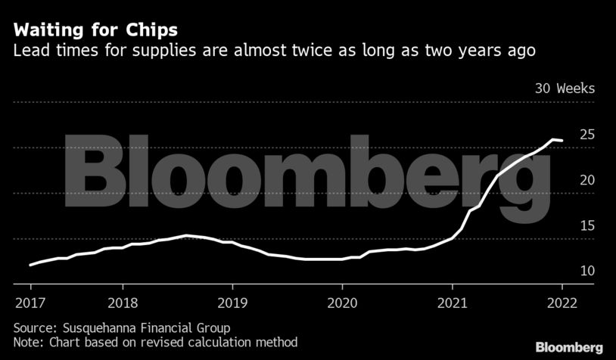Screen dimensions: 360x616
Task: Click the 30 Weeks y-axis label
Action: (x=565, y=88)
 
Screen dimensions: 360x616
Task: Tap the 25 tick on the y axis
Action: (x=586, y=135)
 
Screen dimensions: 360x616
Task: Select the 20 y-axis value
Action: (x=586, y=180)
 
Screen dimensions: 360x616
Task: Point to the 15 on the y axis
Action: (x=586, y=225)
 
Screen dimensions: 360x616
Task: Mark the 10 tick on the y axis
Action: (x=586, y=271)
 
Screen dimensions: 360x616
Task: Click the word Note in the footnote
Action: (x=27, y=341)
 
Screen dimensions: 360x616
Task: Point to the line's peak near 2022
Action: (x=553, y=139)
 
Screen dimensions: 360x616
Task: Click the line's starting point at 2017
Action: (x=30, y=265)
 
